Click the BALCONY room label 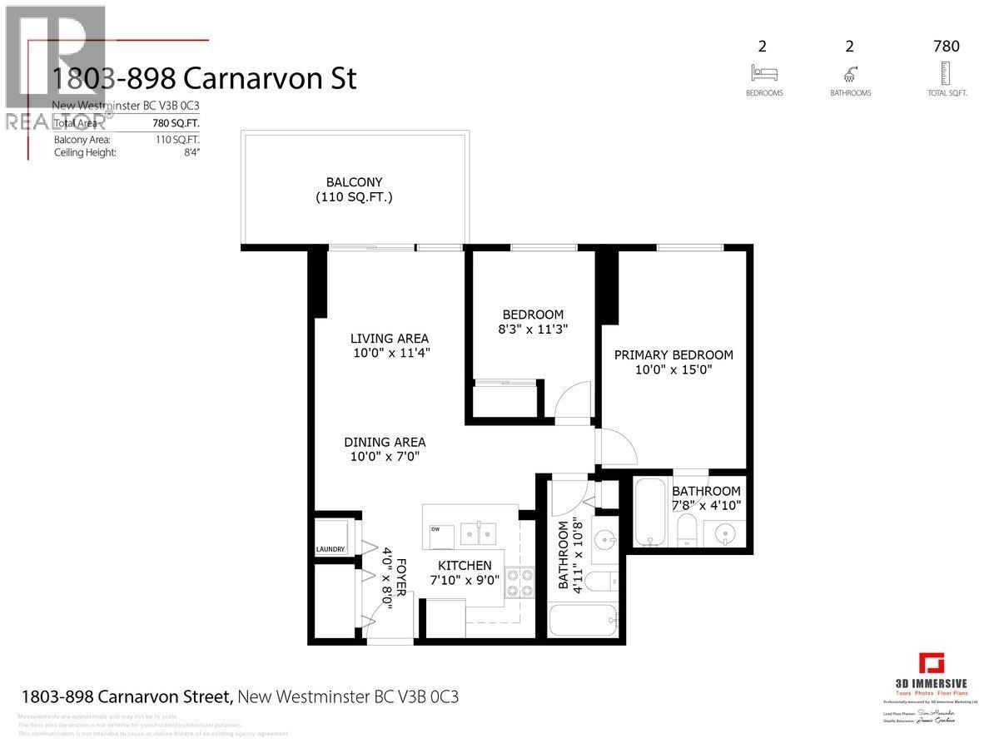(x=354, y=181)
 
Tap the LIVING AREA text (x=389, y=339)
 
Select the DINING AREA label (x=385, y=443)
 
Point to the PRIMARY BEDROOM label (x=673, y=355)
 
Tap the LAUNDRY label (x=331, y=549)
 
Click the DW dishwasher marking (x=435, y=529)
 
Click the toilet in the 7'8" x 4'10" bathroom (x=686, y=528)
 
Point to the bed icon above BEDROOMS (x=763, y=72)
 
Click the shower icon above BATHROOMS (x=850, y=72)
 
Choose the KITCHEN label (x=460, y=566)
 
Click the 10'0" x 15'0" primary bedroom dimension (x=673, y=370)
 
